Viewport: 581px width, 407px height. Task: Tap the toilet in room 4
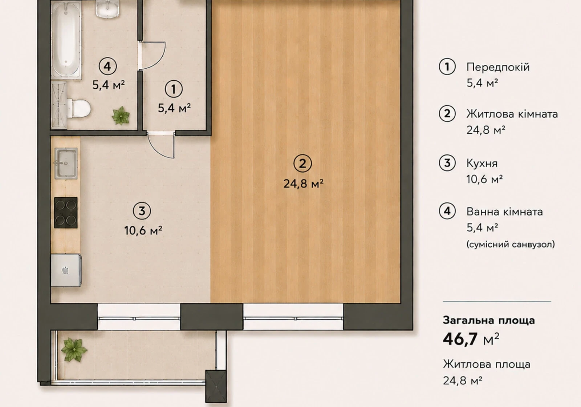click(x=78, y=108)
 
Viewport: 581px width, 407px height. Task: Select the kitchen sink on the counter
click(x=66, y=163)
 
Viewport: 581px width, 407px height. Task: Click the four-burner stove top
click(x=66, y=213)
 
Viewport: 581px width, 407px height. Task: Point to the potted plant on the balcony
click(x=74, y=350)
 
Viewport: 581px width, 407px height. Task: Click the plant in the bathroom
click(x=121, y=116)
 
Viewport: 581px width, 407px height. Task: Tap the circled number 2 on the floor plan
click(x=302, y=164)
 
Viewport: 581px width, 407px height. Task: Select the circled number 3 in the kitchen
click(x=142, y=211)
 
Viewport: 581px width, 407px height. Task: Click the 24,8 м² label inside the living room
click(x=303, y=184)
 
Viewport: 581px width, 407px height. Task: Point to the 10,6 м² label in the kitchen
click(x=143, y=230)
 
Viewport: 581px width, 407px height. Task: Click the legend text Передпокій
click(x=498, y=68)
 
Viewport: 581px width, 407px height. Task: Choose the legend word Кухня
click(x=482, y=164)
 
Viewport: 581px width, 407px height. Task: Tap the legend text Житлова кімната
click(x=512, y=114)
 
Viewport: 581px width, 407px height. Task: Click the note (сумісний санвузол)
click(x=511, y=244)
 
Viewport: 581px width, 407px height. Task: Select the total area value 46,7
click(x=460, y=339)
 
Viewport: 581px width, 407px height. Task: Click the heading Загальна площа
click(x=489, y=321)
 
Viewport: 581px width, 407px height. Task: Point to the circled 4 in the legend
click(x=447, y=211)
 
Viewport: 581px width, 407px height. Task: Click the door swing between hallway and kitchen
click(x=161, y=145)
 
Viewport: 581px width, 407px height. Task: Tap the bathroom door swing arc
click(x=153, y=56)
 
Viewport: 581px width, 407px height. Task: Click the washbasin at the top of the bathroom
click(x=107, y=9)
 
